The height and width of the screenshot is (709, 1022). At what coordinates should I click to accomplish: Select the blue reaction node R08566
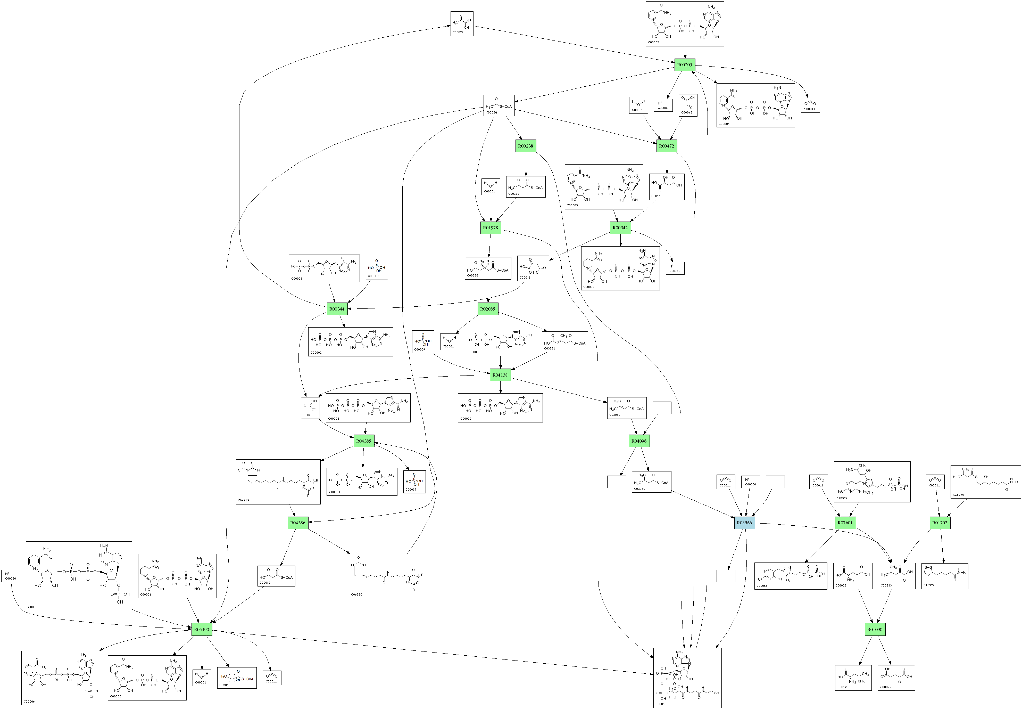point(744,523)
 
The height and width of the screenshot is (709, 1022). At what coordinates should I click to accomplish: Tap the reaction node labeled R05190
point(202,630)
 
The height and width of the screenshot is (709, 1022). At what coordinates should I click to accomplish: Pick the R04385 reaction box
point(364,441)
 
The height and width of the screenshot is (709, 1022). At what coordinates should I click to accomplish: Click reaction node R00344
point(337,309)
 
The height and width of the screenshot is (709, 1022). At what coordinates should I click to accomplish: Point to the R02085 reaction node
point(487,309)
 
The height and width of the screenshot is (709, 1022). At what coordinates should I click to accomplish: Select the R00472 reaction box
point(666,146)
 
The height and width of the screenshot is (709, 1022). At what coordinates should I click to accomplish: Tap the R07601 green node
point(845,523)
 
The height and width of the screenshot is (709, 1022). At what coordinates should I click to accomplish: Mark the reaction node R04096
point(639,441)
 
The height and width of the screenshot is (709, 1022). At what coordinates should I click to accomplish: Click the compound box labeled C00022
point(462,24)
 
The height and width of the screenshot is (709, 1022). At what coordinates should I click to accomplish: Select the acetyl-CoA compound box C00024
point(499,105)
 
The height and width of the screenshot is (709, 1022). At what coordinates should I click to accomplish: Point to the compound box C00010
point(687,678)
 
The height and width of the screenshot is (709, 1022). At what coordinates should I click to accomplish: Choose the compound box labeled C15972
point(944,576)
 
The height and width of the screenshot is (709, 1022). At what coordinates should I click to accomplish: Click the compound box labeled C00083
point(276,576)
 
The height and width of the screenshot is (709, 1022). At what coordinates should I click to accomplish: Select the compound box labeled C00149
point(666,186)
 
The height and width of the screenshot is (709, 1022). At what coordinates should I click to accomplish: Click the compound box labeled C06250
point(387,576)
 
